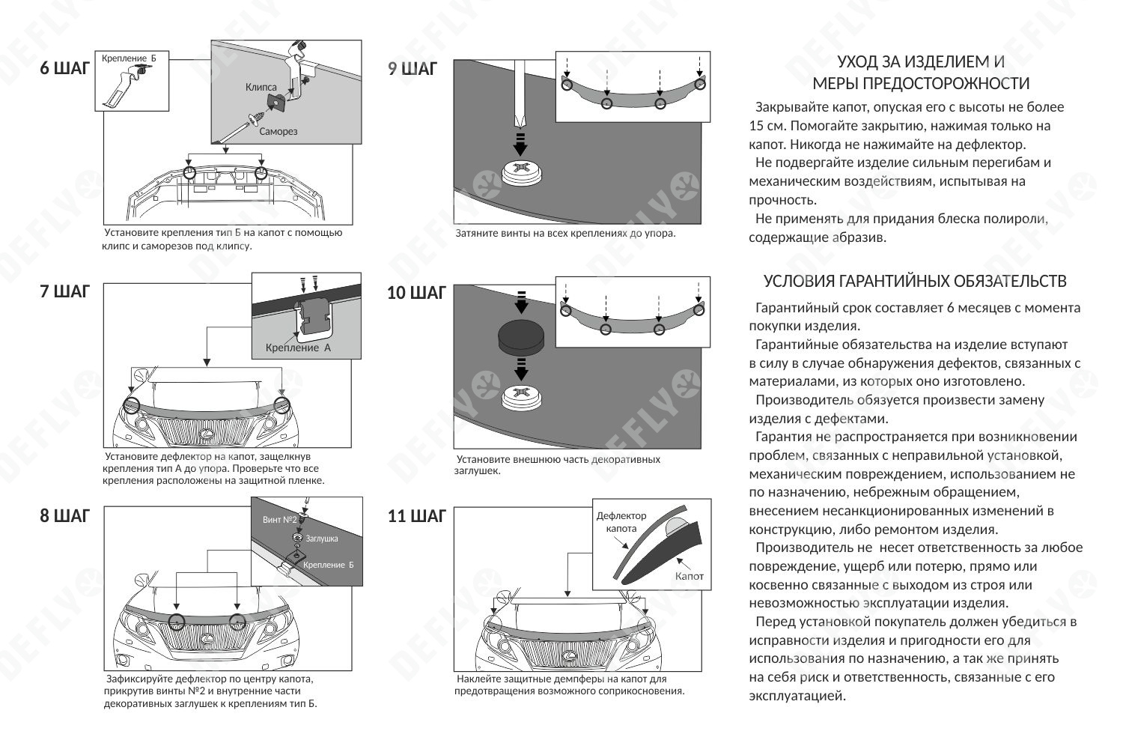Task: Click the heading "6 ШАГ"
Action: point(64,69)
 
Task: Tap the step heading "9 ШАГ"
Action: point(413,69)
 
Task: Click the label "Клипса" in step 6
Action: point(261,88)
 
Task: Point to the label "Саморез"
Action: point(279,132)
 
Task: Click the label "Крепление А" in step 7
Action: point(298,348)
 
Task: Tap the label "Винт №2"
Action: point(280,520)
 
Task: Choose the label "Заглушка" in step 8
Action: point(321,539)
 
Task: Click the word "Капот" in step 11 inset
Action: point(689,576)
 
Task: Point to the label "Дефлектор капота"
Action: point(621,522)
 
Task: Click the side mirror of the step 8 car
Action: point(141,580)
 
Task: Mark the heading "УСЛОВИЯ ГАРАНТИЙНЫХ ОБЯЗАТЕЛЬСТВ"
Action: point(915,282)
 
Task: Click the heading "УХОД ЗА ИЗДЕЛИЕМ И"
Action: point(920,61)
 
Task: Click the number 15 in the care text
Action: point(756,126)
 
